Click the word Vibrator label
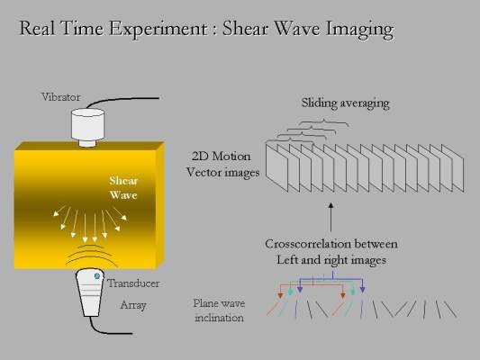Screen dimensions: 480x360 click(x=61, y=97)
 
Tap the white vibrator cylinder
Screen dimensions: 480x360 click(x=87, y=127)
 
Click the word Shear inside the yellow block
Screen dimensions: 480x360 click(x=123, y=181)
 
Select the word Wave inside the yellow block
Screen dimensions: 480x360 click(x=123, y=194)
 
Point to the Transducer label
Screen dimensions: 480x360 click(x=133, y=283)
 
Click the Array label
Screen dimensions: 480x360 click(x=133, y=305)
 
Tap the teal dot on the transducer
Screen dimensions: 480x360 click(x=97, y=276)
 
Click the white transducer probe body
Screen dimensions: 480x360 click(x=89, y=292)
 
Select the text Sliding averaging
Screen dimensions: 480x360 click(x=345, y=103)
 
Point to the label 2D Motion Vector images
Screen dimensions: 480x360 click(x=222, y=164)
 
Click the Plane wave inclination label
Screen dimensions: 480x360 click(x=219, y=310)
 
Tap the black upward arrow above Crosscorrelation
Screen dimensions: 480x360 click(x=331, y=217)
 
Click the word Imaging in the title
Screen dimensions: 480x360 click(x=359, y=30)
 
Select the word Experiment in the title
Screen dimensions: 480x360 click(x=158, y=30)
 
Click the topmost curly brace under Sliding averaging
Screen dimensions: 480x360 click(x=323, y=123)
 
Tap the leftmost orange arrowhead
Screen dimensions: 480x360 click(x=280, y=295)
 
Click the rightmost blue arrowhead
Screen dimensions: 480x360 click(x=362, y=289)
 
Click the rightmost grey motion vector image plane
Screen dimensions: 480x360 click(x=452, y=168)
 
